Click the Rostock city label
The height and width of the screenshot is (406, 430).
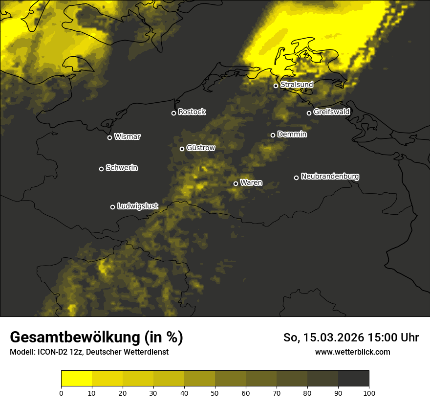tap(192, 112)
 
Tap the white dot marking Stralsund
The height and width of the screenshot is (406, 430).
tap(276, 86)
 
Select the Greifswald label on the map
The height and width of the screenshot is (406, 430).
tap(331, 112)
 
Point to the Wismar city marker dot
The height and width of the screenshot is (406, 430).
tap(109, 137)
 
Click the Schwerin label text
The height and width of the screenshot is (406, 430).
tap(122, 168)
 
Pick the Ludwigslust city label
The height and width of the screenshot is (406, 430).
tap(138, 206)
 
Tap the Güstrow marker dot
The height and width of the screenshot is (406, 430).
tap(182, 149)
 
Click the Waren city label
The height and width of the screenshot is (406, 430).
tap(251, 182)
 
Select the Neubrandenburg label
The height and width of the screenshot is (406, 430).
tap(330, 176)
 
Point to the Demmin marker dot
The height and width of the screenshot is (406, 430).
tap(273, 135)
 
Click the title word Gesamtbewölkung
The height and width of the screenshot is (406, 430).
tap(74, 338)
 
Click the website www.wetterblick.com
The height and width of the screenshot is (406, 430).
tap(352, 352)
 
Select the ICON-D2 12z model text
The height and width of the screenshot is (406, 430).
tap(58, 352)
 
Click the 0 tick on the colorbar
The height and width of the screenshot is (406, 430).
tap(61, 392)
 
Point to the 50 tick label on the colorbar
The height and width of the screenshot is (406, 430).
tap(215, 392)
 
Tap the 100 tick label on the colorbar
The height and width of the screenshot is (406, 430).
tap(369, 392)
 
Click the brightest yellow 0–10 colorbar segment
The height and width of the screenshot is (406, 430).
tap(76, 378)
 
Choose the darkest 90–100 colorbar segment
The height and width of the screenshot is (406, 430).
tap(353, 378)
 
